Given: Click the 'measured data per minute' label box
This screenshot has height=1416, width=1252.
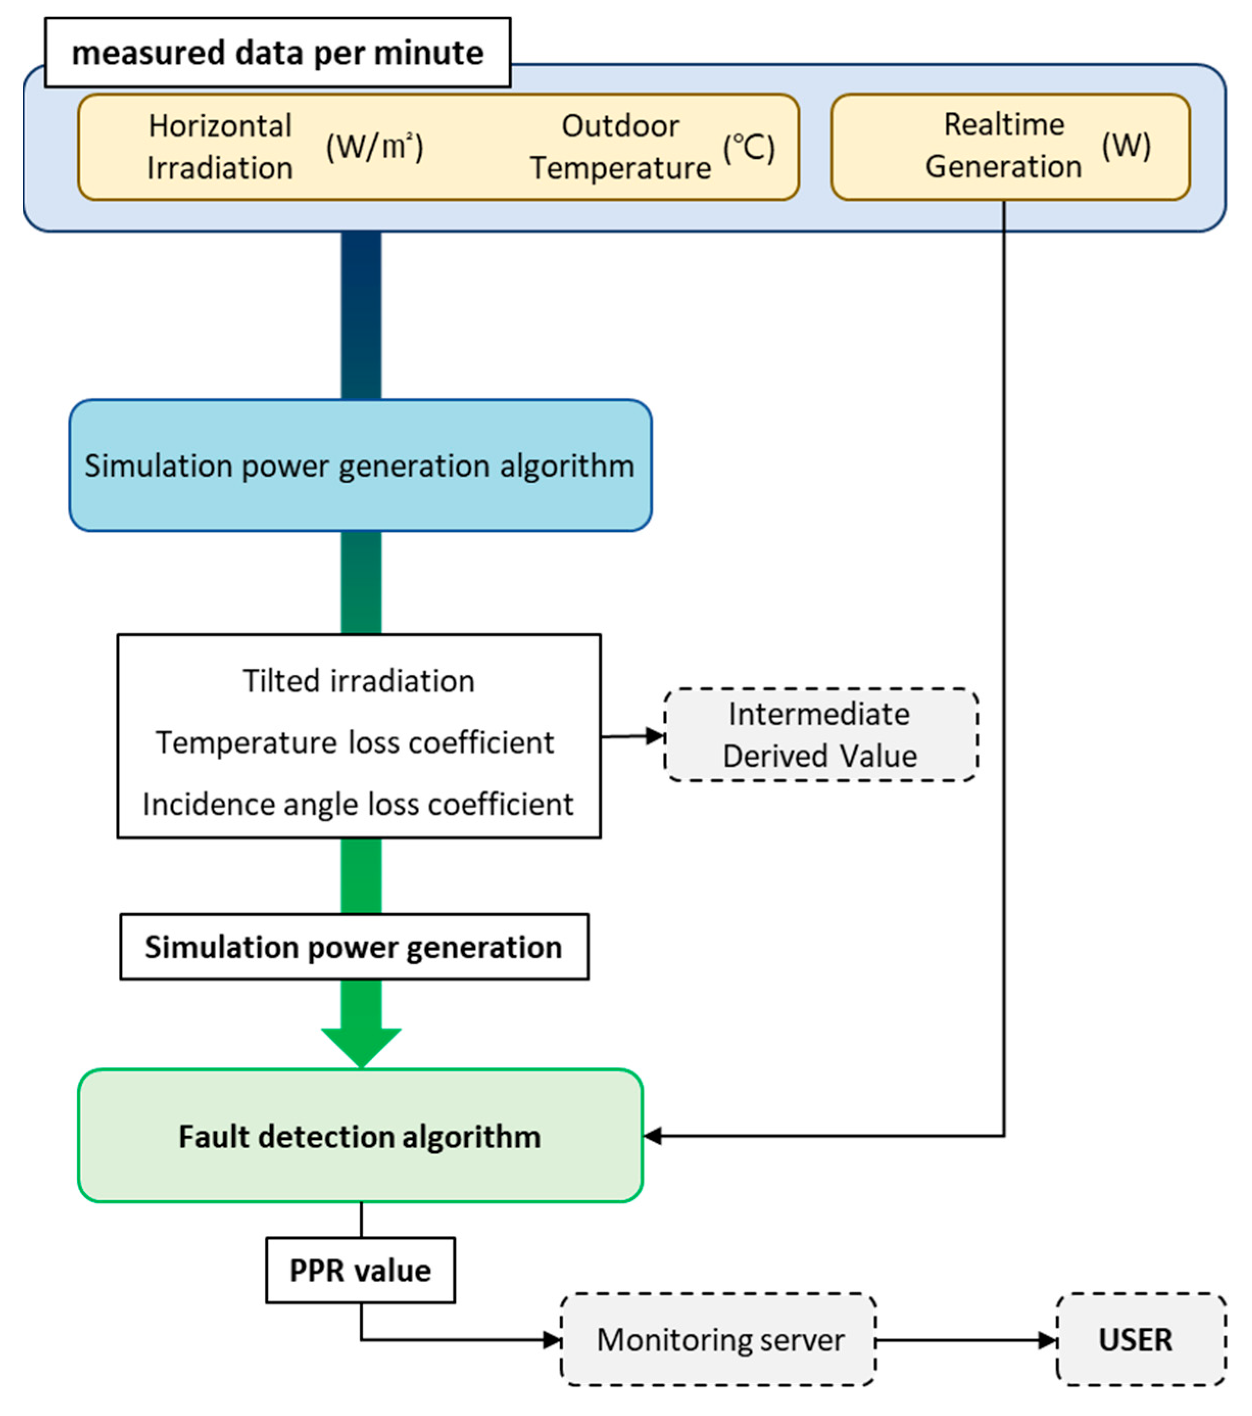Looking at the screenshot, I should [x=277, y=53].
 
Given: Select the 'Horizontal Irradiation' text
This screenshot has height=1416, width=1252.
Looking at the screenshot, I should [x=219, y=147].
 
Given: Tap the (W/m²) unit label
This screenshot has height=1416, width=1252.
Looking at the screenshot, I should [x=374, y=147].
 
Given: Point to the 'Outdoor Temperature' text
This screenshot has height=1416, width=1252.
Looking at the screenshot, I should [x=620, y=147].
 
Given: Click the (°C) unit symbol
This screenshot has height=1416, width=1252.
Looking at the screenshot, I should [x=748, y=148].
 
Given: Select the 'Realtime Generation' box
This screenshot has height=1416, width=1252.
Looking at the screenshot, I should [x=1010, y=147].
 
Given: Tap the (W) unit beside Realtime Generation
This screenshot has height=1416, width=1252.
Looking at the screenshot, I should [x=1126, y=145].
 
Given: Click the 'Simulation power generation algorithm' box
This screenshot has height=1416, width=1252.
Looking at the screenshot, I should [x=360, y=466].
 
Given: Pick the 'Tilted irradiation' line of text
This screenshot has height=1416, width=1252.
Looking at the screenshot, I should [x=358, y=681].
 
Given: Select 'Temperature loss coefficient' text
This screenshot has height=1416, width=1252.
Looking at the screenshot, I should [x=355, y=743].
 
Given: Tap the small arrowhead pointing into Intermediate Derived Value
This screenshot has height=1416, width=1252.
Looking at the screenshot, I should [x=655, y=736].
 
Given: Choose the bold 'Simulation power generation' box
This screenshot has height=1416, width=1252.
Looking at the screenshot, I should [x=354, y=947].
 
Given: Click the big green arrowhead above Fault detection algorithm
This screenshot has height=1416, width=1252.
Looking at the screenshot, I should [x=361, y=1046].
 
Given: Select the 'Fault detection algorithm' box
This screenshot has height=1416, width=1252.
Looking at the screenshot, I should [x=360, y=1137].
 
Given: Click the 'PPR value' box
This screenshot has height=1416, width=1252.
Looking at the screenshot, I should [x=360, y=1271].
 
